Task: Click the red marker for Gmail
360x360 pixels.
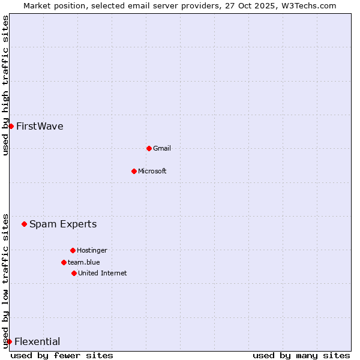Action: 149,148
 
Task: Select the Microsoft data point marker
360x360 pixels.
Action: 134,171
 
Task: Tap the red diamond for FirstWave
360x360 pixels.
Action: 11,126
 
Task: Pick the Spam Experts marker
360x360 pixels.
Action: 24,224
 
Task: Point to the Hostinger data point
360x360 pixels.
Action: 73,250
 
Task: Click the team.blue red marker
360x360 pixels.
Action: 64,262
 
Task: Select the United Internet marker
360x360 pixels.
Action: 74,273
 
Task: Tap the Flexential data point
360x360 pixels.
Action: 9,341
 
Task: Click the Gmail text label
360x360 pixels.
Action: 162,148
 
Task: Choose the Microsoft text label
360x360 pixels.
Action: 152,171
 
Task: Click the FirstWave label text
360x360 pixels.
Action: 40,126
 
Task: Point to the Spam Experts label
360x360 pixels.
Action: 63,224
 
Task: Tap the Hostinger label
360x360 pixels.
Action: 92,250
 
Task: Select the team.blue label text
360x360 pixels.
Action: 84,262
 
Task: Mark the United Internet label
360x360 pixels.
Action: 103,273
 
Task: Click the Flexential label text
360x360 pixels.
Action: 37,341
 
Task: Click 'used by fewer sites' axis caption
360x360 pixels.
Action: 62,355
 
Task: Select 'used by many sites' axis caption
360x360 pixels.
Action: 301,355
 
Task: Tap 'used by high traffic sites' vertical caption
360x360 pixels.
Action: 6,85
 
